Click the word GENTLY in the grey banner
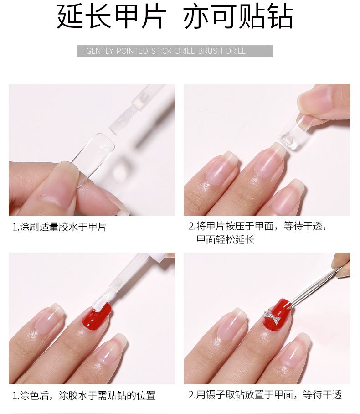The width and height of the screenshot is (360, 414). pyautogui.click(x=99, y=51)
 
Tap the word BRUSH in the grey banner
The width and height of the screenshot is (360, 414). pyautogui.click(x=211, y=51)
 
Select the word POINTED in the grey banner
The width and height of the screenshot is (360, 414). pyautogui.click(x=132, y=51)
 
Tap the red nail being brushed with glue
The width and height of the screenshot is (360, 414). pyautogui.click(x=97, y=316)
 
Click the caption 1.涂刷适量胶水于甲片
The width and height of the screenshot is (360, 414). pyautogui.click(x=59, y=227)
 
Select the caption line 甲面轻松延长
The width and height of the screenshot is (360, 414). pyautogui.click(x=226, y=240)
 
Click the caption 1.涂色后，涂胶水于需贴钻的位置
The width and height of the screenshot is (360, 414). pyautogui.click(x=84, y=395)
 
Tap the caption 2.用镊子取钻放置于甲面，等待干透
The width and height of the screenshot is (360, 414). pyautogui.click(x=265, y=395)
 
